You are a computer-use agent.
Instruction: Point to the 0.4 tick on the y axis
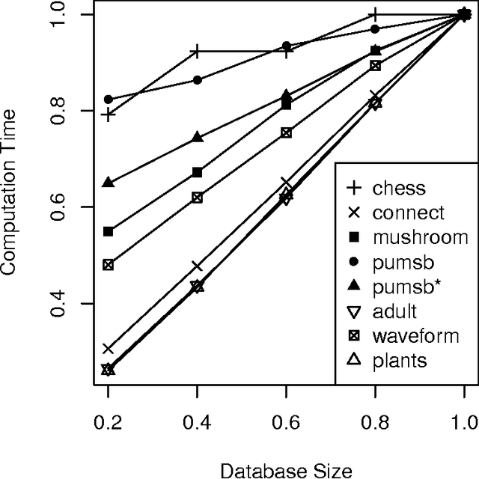[x=63, y=303]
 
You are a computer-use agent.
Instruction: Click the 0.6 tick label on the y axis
[x=63, y=207]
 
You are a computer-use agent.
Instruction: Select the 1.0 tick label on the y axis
[x=63, y=14]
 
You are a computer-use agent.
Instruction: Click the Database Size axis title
[x=286, y=470]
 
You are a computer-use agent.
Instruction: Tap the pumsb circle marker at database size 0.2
[x=109, y=100]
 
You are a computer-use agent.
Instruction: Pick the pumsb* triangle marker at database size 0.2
[x=109, y=183]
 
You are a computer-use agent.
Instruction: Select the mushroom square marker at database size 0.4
[x=198, y=173]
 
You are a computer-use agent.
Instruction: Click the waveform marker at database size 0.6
[x=287, y=132]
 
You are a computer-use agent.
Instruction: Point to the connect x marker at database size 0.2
[x=109, y=349]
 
